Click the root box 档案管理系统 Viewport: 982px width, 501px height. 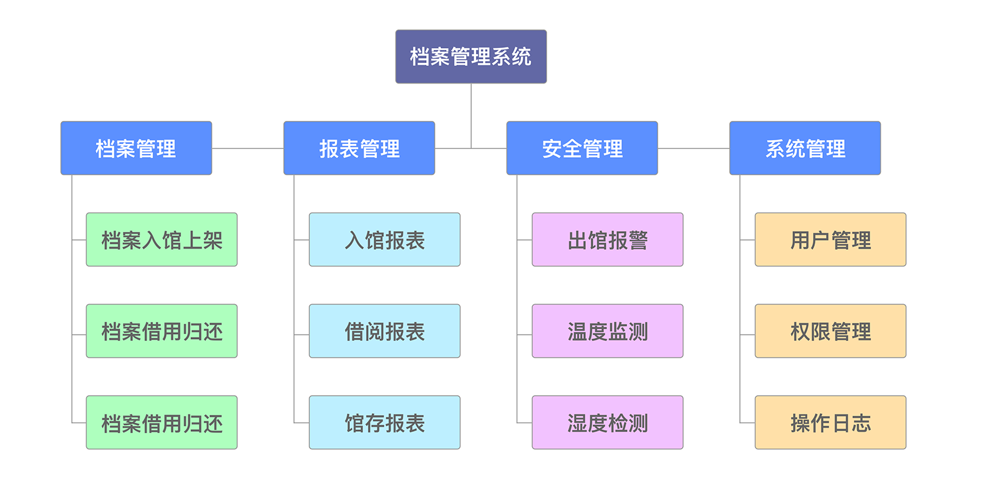(x=470, y=57)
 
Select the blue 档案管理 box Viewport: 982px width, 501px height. (x=136, y=148)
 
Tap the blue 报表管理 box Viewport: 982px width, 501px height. (x=359, y=148)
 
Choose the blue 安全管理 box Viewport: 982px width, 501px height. (x=581, y=148)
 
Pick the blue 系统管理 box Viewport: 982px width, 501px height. (x=805, y=148)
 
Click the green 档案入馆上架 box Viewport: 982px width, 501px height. (x=162, y=240)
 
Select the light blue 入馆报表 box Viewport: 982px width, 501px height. (x=384, y=240)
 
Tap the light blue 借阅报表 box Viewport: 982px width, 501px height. (x=384, y=331)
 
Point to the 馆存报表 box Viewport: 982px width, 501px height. (x=384, y=422)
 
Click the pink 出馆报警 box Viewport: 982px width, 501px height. (x=607, y=240)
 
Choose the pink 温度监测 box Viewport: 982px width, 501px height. (x=607, y=331)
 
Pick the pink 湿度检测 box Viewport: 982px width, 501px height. (x=607, y=422)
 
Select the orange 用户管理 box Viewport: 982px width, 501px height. (x=830, y=240)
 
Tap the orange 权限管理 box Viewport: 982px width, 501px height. (x=830, y=331)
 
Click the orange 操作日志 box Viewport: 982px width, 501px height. (x=830, y=422)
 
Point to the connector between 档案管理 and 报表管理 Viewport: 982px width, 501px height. (x=248, y=148)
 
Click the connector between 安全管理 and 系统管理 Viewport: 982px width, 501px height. (x=693, y=148)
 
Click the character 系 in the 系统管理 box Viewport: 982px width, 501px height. (x=775, y=149)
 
